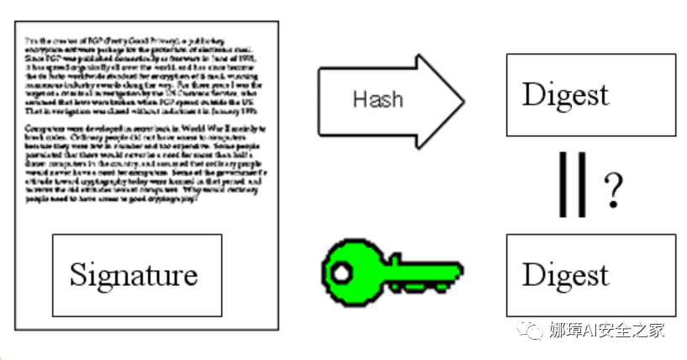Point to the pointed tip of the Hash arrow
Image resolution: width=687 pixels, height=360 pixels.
pyautogui.click(x=462, y=101)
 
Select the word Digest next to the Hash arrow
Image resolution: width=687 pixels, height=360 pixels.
pyautogui.click(x=565, y=94)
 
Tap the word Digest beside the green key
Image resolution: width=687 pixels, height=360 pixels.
pyautogui.click(x=565, y=275)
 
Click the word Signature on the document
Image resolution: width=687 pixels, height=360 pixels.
pyautogui.click(x=134, y=275)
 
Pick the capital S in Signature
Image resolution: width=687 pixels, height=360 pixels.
pyautogui.click(x=78, y=275)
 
